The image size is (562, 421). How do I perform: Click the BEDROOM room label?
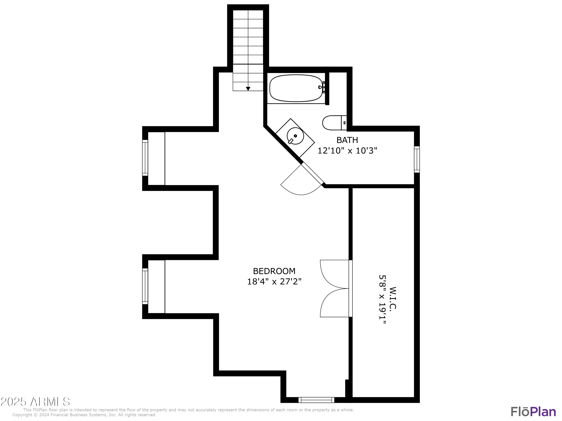[274, 271]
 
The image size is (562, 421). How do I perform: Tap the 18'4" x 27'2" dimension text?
[274, 282]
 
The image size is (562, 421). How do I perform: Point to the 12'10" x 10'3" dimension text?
[347, 151]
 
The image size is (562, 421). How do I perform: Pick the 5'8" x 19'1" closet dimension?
[382, 299]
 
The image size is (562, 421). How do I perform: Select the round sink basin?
[295, 136]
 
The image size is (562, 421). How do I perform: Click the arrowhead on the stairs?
[248, 89]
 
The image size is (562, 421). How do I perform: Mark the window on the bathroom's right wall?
[417, 159]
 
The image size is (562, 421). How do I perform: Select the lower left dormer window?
[145, 286]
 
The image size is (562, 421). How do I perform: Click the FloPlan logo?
[533, 412]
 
